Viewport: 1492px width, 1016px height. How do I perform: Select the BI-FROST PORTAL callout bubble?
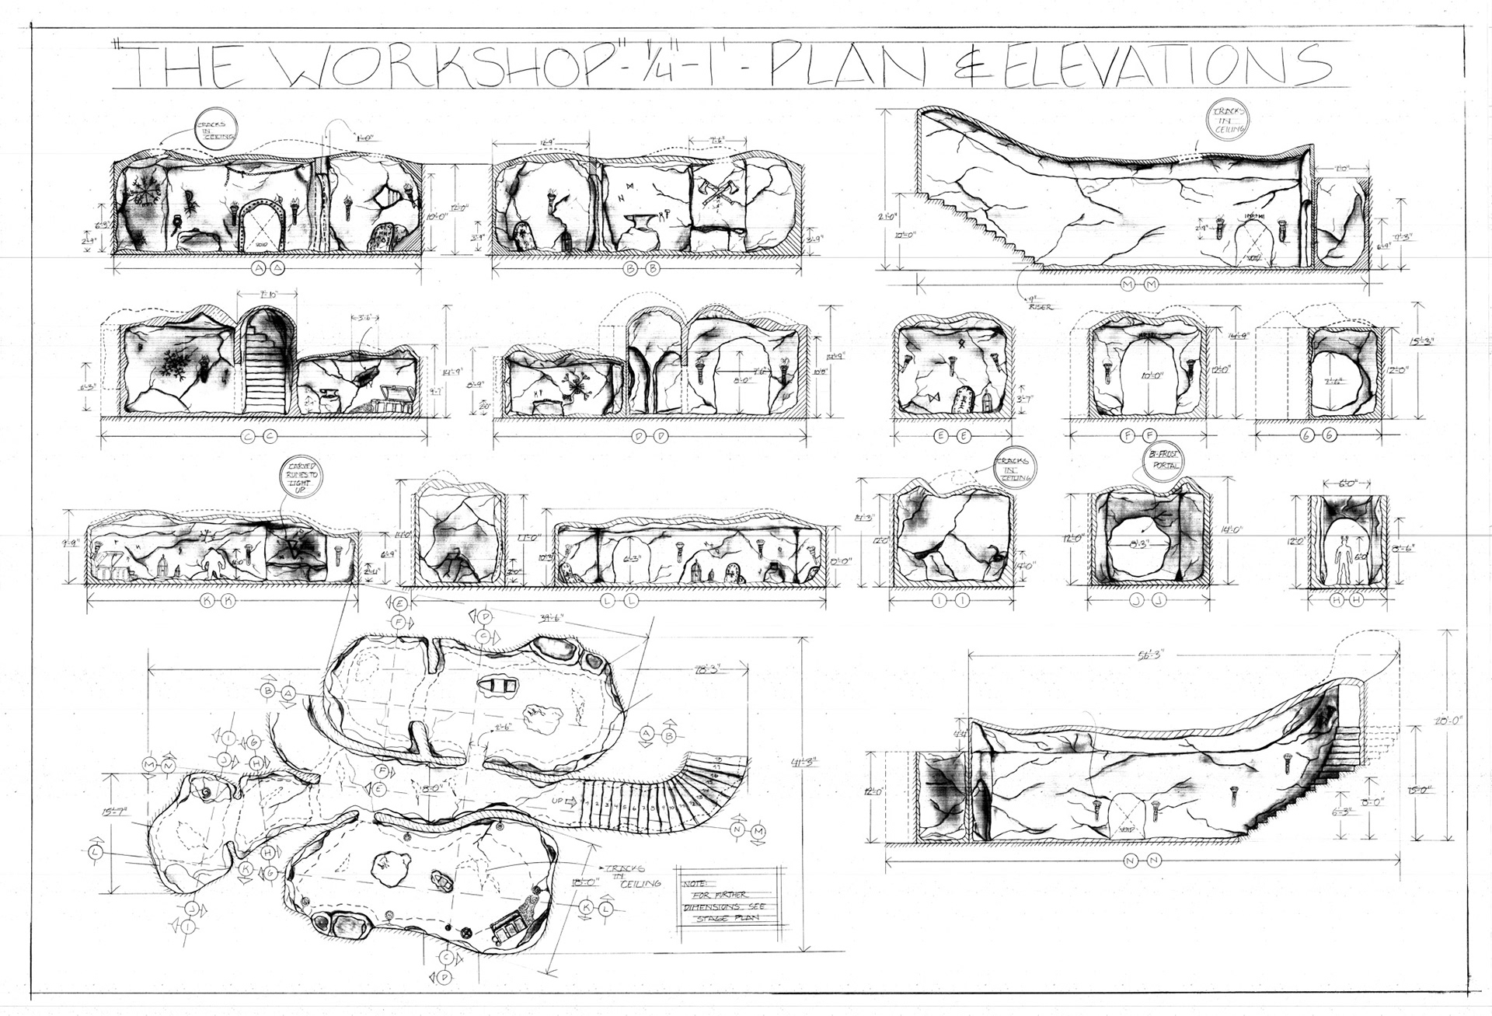click(x=1161, y=459)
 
